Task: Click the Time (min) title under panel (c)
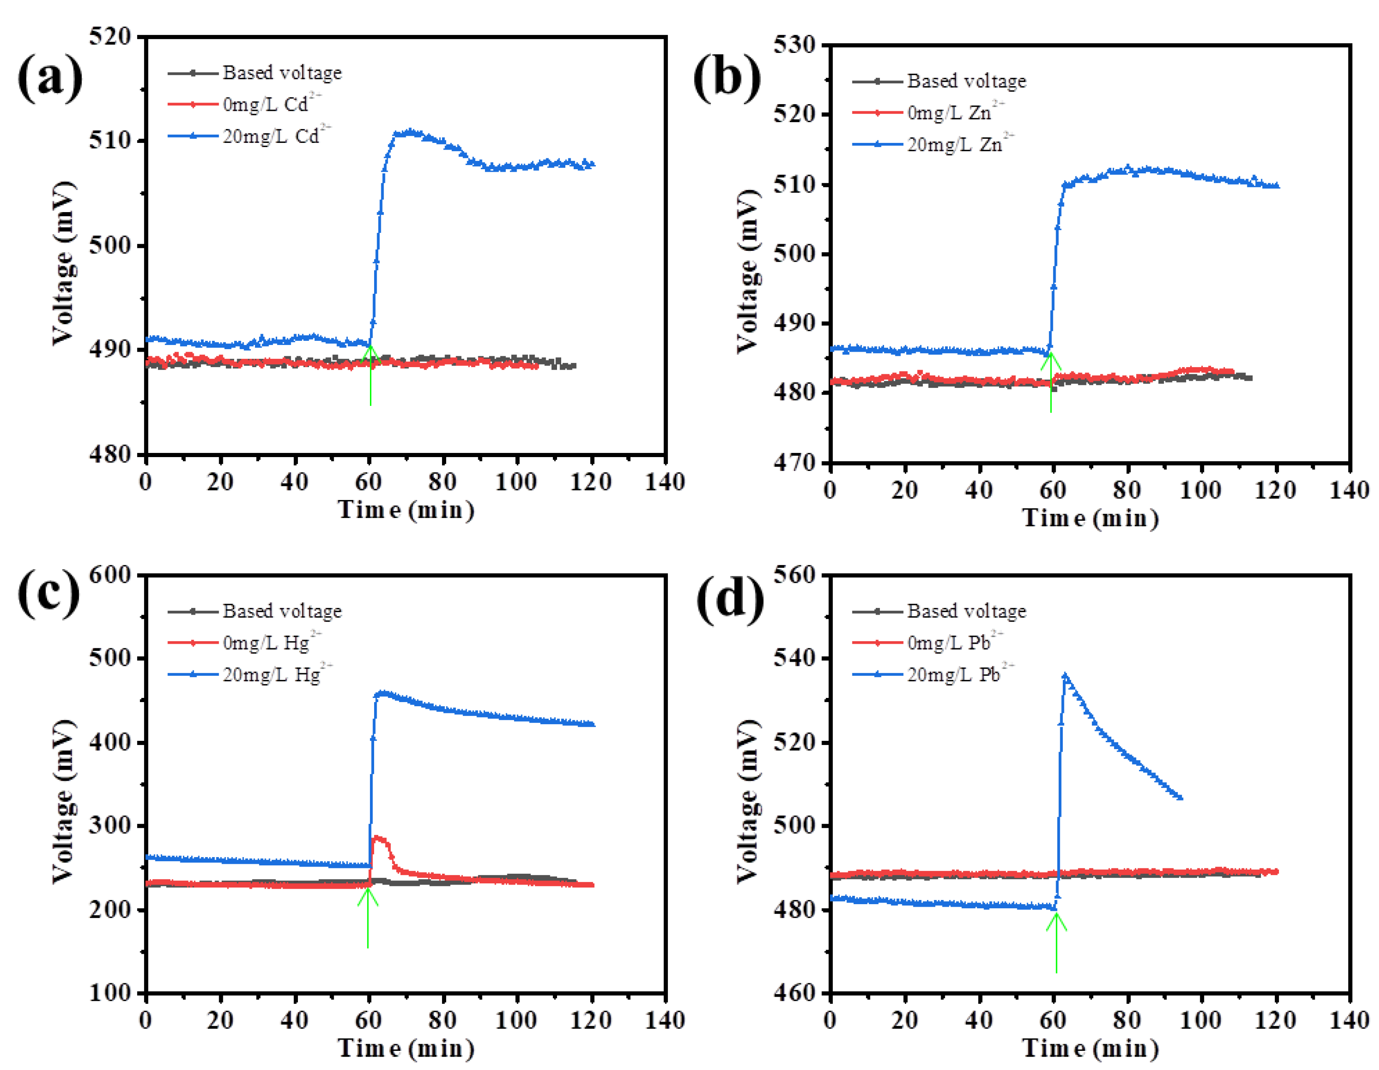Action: click(x=406, y=1048)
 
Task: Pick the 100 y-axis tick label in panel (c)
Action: click(x=109, y=992)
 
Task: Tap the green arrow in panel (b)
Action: click(x=1051, y=382)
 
